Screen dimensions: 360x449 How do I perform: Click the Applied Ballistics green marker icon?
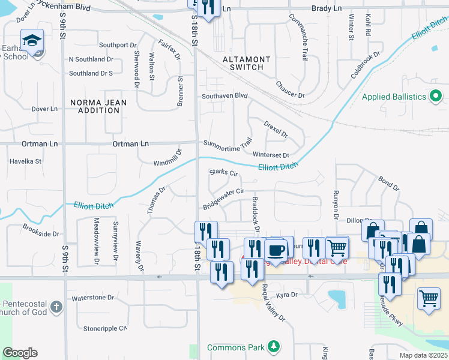pos(436,96)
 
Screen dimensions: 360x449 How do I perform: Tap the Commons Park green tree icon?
pos(274,347)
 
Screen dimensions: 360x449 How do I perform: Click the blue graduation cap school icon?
pos(31,41)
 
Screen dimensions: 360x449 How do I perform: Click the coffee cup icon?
pos(276,250)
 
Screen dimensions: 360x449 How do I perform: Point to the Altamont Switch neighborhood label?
pos(243,63)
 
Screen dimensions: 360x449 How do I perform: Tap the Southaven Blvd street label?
pos(224,95)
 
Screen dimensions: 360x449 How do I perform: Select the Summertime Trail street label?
pos(228,145)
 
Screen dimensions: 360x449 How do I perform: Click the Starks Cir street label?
pos(224,173)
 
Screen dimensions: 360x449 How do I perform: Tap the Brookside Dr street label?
pos(41,230)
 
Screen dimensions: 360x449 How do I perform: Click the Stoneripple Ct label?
pos(106,328)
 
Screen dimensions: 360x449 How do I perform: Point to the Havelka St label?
pos(25,161)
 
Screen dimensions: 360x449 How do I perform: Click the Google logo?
pos(20,353)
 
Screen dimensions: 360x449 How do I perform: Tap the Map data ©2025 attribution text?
pos(423,355)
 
